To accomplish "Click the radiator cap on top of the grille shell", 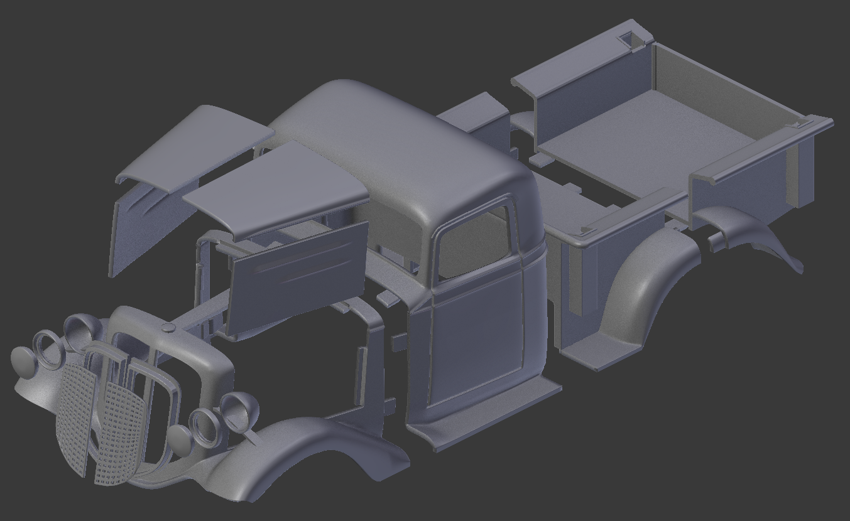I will (x=168, y=328).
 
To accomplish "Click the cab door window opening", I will (x=473, y=241).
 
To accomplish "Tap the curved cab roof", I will (x=402, y=144).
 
